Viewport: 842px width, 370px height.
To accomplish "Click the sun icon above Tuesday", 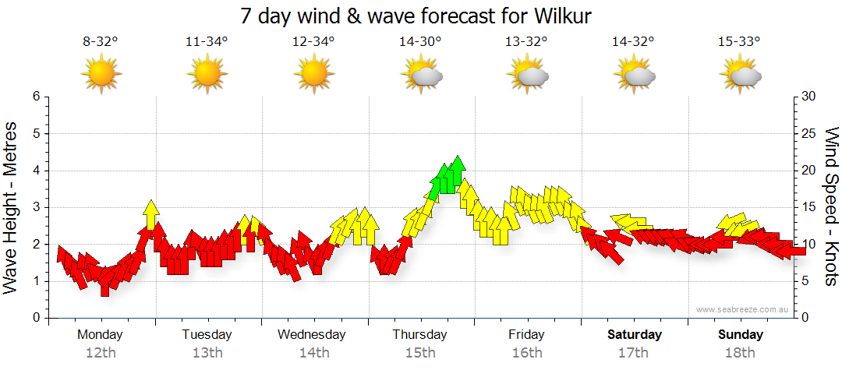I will click(207, 75).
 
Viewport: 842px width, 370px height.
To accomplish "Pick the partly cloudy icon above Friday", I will click(529, 75).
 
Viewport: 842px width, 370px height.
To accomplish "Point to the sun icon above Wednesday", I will click(313, 75).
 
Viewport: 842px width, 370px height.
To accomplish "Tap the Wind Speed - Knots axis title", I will click(830, 206).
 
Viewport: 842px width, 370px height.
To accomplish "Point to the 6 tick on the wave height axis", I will click(36, 97).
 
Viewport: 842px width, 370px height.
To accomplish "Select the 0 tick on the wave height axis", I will click(36, 319).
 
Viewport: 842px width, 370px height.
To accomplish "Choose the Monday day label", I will click(100, 335).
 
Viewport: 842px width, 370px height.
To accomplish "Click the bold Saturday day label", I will click(635, 335).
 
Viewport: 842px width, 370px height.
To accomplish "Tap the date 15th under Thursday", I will click(419, 352).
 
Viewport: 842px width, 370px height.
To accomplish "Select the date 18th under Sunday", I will click(741, 352).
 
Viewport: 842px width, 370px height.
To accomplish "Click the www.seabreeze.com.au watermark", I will click(739, 310).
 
